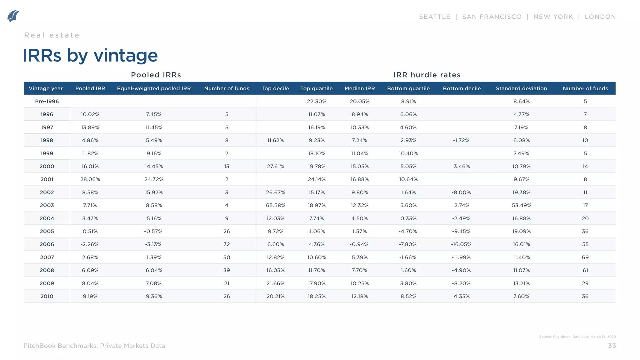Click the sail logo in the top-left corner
click(13, 16)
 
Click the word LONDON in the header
click(600, 17)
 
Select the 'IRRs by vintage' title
click(90, 56)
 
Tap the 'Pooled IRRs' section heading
click(156, 75)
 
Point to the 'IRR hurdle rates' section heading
click(427, 75)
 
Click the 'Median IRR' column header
click(359, 88)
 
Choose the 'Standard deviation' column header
click(521, 88)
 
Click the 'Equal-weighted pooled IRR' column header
click(154, 88)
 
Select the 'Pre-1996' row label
click(47, 101)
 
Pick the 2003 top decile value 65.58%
click(275, 205)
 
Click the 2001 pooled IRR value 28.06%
click(90, 179)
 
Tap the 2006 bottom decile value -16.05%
click(461, 244)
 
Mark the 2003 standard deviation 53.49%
click(521, 205)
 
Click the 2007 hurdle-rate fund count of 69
click(585, 257)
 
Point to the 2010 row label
click(47, 296)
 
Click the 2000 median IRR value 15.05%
click(359, 167)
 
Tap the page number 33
click(612, 346)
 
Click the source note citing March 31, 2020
click(577, 337)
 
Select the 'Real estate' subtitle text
click(52, 35)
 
